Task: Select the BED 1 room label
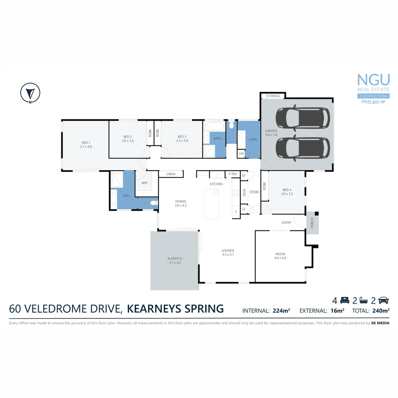click(85, 144)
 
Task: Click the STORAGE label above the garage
click(273, 96)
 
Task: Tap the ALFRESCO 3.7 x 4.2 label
click(174, 261)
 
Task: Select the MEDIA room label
click(280, 256)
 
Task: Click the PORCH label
click(312, 223)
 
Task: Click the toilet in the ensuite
click(154, 203)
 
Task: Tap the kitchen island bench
click(212, 204)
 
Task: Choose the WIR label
click(144, 182)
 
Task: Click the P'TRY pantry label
click(233, 174)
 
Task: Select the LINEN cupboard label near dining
click(171, 174)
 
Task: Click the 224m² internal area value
click(281, 311)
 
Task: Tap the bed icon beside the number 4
click(345, 300)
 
